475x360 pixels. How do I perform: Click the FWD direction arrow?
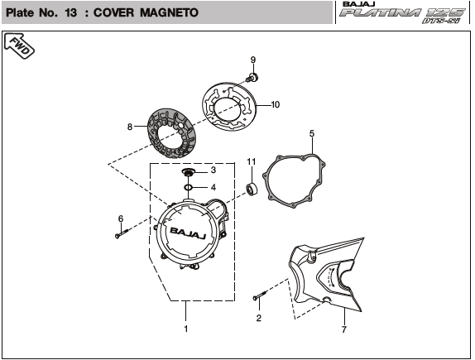click(x=19, y=46)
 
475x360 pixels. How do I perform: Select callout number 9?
click(x=253, y=60)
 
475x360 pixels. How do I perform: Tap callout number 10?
click(x=275, y=104)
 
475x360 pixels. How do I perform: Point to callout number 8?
click(x=130, y=127)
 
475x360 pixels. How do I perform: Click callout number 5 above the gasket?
click(x=312, y=133)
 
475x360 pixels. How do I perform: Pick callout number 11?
click(x=252, y=162)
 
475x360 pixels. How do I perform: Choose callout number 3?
click(x=214, y=170)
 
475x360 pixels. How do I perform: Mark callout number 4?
click(x=214, y=187)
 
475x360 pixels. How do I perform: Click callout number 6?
click(x=121, y=218)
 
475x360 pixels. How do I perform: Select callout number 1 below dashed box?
click(x=186, y=329)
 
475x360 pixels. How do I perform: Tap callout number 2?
click(x=258, y=318)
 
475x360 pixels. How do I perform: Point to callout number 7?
click(x=343, y=329)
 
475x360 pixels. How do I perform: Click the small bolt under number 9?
click(x=252, y=77)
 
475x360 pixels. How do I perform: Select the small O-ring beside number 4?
click(x=189, y=187)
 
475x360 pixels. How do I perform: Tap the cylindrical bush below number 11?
click(x=252, y=189)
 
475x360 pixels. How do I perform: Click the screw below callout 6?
click(x=122, y=233)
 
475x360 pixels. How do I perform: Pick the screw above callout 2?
click(x=260, y=296)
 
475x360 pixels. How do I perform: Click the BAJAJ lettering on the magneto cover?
click(x=188, y=233)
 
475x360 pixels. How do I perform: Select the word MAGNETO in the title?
click(x=170, y=12)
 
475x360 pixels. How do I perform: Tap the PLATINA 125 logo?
click(x=402, y=12)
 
